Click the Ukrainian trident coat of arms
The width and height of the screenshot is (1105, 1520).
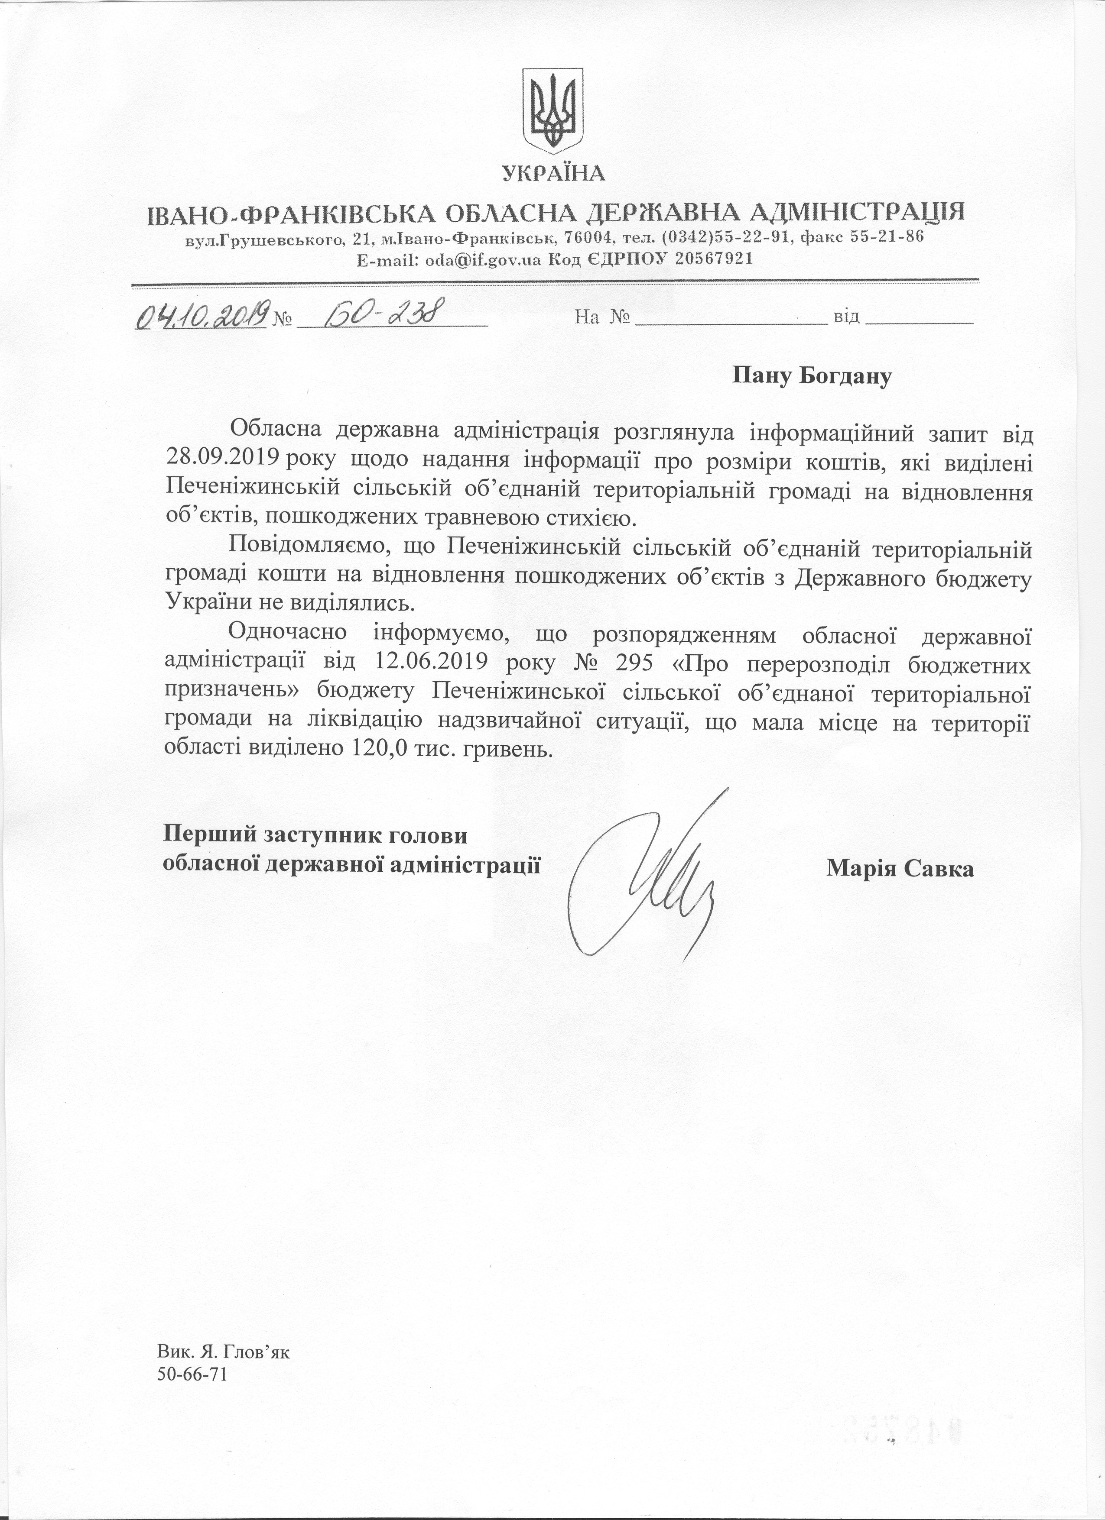point(553,110)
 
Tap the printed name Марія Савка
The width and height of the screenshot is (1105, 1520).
point(900,869)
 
